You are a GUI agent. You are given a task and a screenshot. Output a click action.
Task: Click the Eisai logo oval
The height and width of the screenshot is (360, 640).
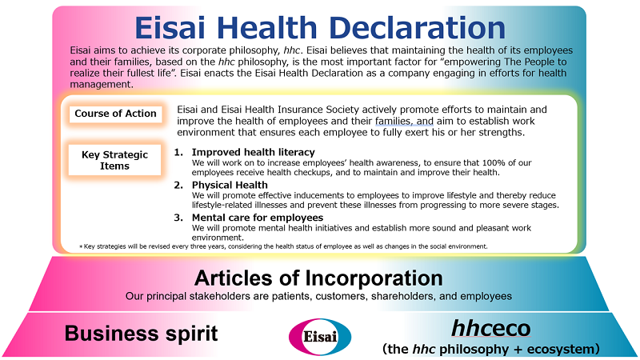coord(320,337)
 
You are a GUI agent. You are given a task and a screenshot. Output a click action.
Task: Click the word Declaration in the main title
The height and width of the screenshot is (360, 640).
coord(417,28)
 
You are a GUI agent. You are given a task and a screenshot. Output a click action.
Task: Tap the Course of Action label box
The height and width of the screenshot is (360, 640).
coord(115,114)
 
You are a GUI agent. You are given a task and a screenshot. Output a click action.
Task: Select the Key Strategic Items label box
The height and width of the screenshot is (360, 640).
coord(114,160)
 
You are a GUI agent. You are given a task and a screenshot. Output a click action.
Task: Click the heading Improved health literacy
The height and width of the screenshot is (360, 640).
coord(253,152)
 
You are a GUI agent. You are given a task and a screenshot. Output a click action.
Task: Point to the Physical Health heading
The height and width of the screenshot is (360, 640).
coord(230,185)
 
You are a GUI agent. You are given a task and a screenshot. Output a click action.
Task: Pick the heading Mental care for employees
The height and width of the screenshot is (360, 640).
coord(258,218)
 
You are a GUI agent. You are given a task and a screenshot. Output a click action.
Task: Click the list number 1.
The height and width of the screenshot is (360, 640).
coord(178,152)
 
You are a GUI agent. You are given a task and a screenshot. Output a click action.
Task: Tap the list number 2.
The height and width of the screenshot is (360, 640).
coord(178,185)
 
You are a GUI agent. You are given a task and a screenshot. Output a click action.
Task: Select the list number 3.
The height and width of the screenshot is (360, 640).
coord(178,218)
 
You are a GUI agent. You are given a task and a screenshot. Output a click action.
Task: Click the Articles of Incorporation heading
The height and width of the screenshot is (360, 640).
coord(318,278)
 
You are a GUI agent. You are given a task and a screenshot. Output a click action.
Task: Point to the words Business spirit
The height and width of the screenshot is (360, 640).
coord(142,334)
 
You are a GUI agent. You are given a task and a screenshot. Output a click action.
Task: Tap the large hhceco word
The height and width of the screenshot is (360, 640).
coord(491,329)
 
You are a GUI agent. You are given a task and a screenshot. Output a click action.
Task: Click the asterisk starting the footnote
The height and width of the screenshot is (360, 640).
coord(81,246)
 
